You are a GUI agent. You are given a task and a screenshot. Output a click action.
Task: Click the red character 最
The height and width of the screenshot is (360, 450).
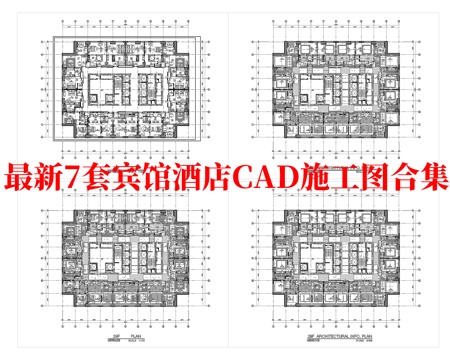(21, 181)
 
